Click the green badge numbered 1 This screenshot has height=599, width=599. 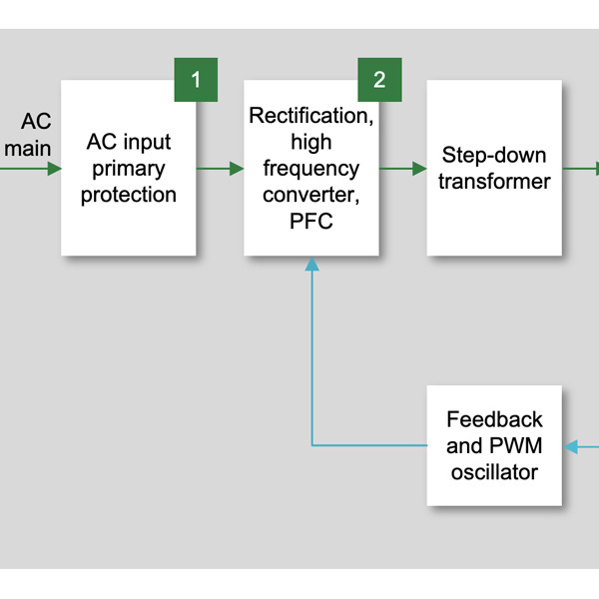coord(196,80)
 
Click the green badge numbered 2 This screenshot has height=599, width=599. coord(379,80)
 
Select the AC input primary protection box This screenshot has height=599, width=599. coord(128,168)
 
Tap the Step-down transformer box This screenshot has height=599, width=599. coord(494,168)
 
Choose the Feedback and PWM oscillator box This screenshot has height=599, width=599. coord(494,445)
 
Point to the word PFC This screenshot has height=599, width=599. coord(311,222)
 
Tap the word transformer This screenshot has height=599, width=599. coord(494,182)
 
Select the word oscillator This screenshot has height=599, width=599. coord(494,471)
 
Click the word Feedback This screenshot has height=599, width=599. coord(494,419)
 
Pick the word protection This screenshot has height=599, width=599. coord(128,195)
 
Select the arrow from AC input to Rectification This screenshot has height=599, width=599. coord(220,169)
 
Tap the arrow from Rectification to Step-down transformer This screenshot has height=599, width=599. coord(402,169)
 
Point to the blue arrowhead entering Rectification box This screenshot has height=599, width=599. coord(312,264)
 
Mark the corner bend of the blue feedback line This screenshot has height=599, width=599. coord(312,445)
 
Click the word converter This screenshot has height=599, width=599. coord(311,196)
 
